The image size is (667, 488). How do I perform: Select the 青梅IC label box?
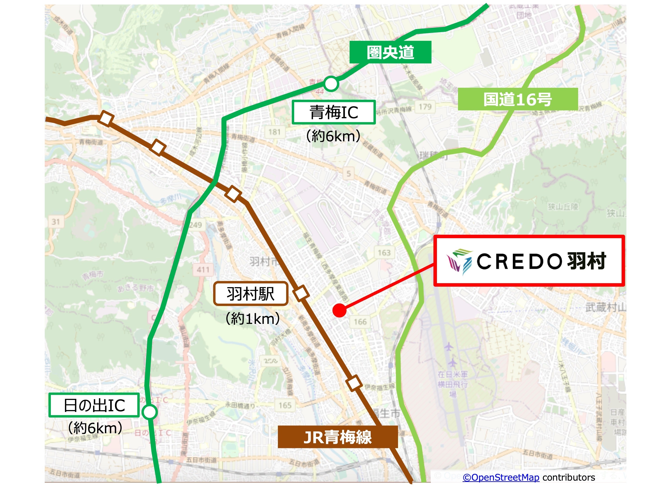tap(334, 112)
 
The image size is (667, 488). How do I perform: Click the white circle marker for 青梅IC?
tap(331, 84)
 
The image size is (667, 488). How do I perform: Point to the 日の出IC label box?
tap(94, 405)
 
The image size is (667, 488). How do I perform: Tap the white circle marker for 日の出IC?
tap(149, 412)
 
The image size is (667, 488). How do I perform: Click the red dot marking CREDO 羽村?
tap(339, 310)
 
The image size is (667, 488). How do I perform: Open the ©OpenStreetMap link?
tap(501, 477)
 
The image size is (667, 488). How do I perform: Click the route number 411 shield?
tap(203, 269)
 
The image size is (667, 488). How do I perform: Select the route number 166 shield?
tap(360, 322)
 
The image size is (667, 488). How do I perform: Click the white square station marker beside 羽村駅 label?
tap(301, 293)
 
